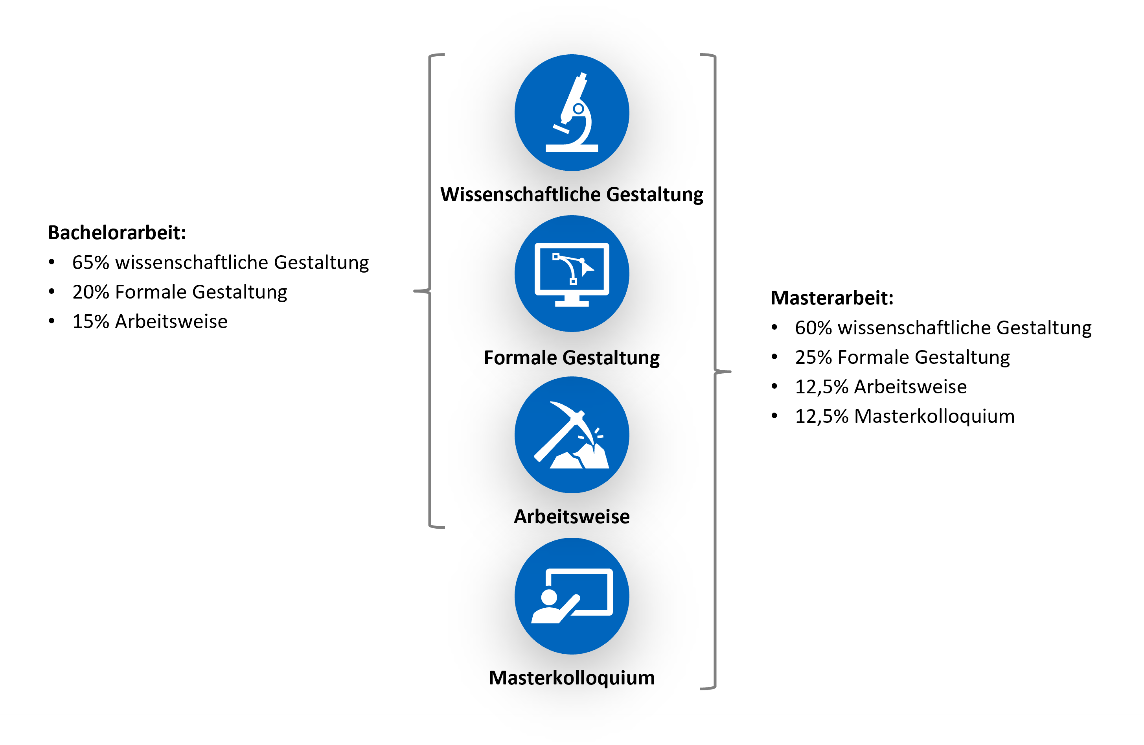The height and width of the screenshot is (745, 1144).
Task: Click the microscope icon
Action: (572, 112)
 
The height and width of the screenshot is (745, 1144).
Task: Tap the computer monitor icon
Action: (572, 274)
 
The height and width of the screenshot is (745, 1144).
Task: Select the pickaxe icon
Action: (572, 435)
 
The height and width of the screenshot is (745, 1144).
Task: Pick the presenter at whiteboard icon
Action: (572, 596)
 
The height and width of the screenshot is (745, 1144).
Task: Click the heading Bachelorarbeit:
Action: (117, 233)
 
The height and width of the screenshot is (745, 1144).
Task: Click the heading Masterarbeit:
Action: (831, 298)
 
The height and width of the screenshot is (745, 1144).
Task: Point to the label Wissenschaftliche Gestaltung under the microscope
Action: (572, 194)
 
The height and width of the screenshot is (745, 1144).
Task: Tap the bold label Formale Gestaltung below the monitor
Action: (572, 358)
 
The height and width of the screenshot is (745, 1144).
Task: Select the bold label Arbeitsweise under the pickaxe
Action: (572, 516)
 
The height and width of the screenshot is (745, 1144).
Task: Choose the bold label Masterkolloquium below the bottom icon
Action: (572, 678)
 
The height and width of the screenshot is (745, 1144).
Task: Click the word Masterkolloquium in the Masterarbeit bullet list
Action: (934, 417)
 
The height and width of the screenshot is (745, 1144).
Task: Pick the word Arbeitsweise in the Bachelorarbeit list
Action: (171, 322)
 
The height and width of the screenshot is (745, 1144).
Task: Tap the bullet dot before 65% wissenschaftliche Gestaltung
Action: (51, 262)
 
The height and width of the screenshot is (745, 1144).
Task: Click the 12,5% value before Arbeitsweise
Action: (822, 387)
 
